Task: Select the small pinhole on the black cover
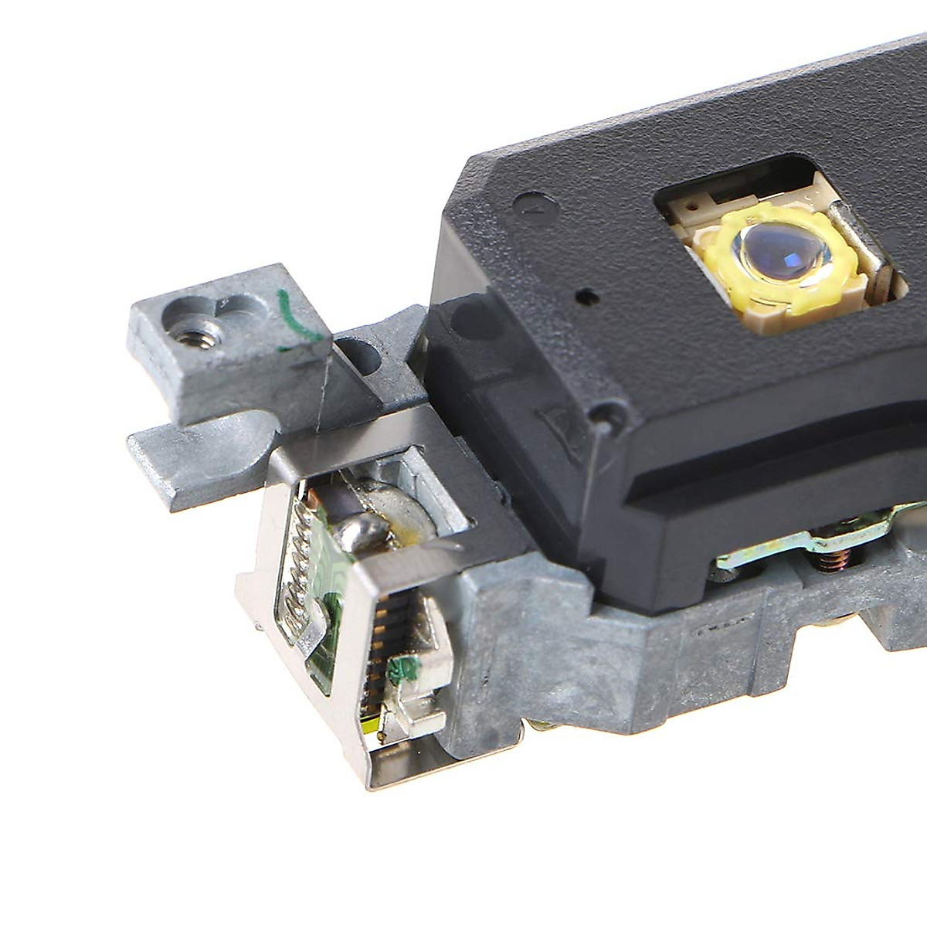588,294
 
